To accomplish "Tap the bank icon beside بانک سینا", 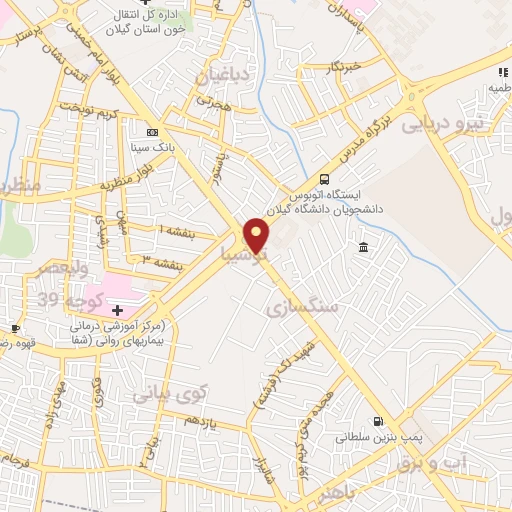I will pyautogui.click(x=152, y=132).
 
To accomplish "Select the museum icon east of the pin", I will pyautogui.click(x=361, y=247).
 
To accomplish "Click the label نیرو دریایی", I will pyautogui.click(x=443, y=125).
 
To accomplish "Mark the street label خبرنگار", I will pyautogui.click(x=344, y=67).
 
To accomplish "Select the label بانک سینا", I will pyautogui.click(x=153, y=146).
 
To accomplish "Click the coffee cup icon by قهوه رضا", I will pyautogui.click(x=15, y=328).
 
